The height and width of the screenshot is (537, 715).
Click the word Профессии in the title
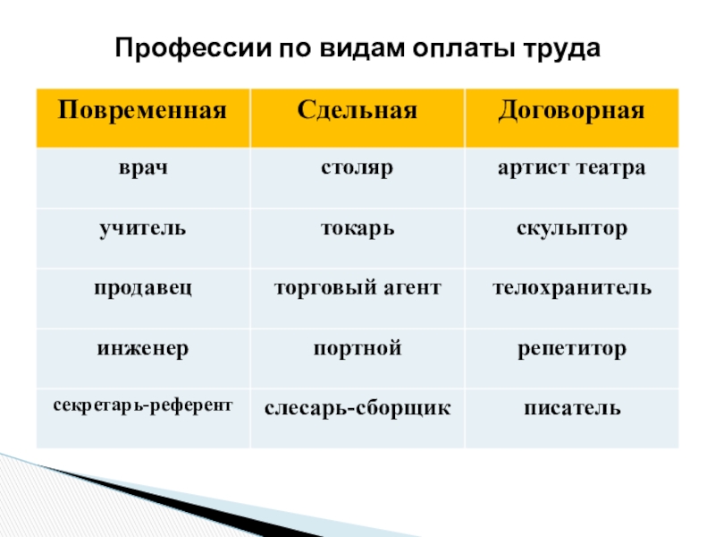pos(193,48)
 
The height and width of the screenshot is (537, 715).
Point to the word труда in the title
pos(561,49)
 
